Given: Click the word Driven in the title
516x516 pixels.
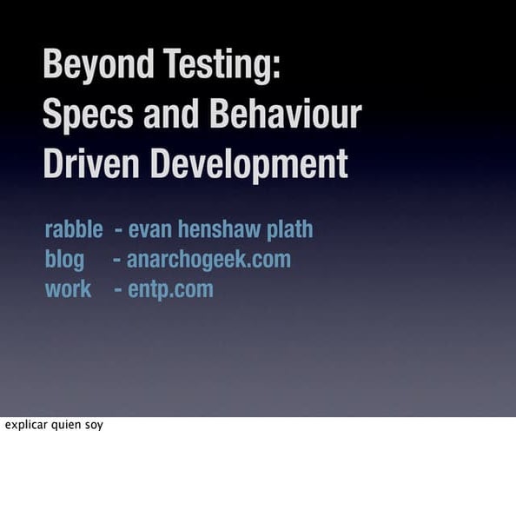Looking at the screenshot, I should (x=92, y=164).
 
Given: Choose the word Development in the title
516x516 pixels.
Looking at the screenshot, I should (x=248, y=164).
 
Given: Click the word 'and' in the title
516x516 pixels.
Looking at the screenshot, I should (x=171, y=116).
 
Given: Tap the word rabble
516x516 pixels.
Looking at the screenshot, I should (x=74, y=230).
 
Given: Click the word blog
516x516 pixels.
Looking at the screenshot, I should (x=65, y=259).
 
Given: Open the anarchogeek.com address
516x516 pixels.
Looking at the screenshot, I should (x=208, y=259).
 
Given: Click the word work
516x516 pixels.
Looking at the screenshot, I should (x=68, y=288).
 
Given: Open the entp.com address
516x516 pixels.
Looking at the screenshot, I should (x=170, y=288).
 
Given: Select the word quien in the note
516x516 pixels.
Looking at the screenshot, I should (x=66, y=426).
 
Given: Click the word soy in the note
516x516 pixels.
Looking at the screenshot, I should (x=94, y=426).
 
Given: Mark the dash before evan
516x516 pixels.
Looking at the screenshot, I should (x=118, y=231).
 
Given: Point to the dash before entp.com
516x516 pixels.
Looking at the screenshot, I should (x=117, y=289).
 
